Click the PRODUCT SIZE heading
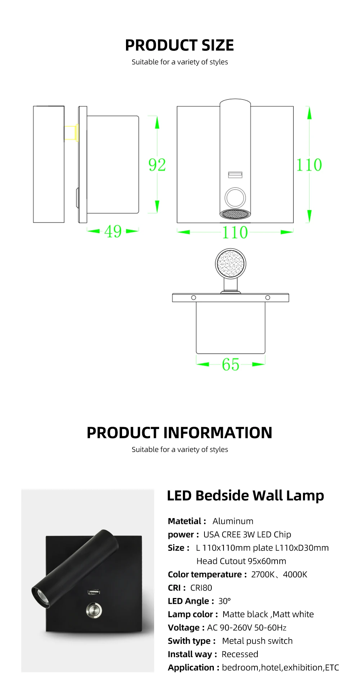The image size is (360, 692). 179,45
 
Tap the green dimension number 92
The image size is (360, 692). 157,165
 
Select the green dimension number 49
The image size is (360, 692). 113,231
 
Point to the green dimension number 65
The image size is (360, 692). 230,365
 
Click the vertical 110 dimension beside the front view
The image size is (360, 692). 309,165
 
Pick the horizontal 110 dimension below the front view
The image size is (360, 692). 235,232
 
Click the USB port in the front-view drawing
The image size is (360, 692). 235,175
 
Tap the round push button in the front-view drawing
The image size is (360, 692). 235,197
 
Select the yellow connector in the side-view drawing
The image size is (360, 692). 71,132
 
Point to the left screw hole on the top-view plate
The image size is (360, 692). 194,298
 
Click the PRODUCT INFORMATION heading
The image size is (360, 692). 179,433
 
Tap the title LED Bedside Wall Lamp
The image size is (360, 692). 245,496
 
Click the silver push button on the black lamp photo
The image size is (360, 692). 94,610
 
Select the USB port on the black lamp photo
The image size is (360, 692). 94,592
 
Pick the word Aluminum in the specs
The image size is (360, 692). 233,521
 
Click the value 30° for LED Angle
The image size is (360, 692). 224,601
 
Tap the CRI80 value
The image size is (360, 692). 201,588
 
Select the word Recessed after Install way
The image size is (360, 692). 240,654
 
